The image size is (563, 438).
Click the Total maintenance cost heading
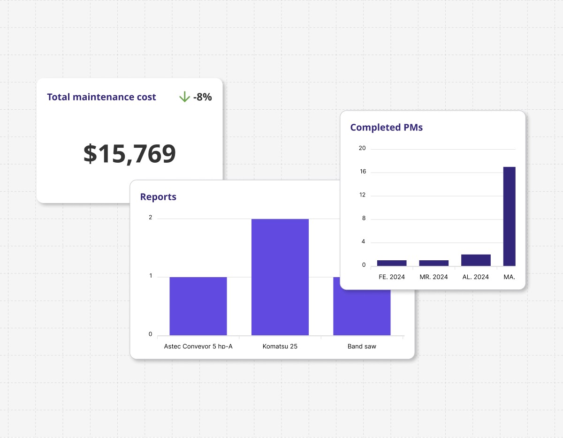tap(101, 97)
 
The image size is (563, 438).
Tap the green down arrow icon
tap(184, 97)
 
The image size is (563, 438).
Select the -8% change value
tap(202, 97)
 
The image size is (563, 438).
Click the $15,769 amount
tap(129, 153)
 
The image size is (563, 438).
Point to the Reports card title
tap(158, 197)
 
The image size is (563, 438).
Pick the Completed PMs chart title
tap(387, 127)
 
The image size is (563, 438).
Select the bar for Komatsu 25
tap(280, 277)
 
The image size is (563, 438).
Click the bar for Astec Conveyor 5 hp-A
tap(198, 306)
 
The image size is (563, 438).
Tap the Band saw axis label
tap(362, 347)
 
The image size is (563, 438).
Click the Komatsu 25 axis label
tap(280, 347)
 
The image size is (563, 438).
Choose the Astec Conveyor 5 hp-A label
tap(198, 347)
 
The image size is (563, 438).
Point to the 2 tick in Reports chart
tap(151, 218)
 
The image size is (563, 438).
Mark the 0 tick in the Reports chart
tap(151, 334)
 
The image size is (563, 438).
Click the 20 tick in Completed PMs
tap(362, 149)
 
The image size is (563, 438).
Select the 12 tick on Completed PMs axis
tap(362, 195)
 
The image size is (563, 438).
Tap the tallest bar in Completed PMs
tap(509, 216)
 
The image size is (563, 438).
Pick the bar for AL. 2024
tap(476, 260)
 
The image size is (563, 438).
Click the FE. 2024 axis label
tap(392, 277)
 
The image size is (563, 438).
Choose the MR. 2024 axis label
tap(434, 277)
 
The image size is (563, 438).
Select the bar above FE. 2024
tap(392, 263)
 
